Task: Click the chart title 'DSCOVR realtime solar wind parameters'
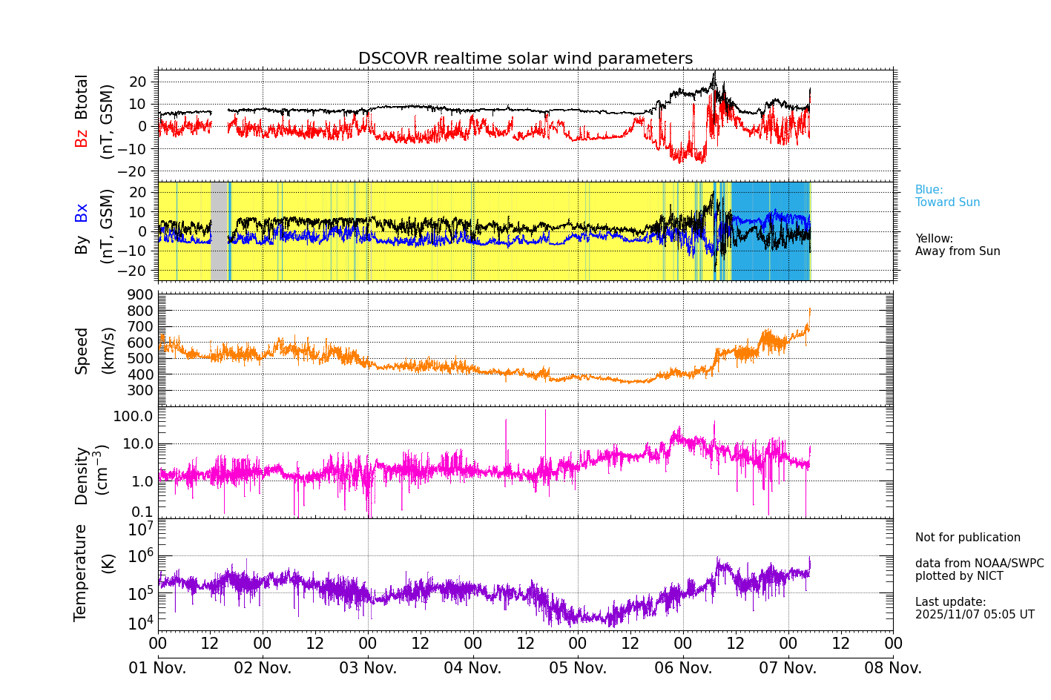click(525, 59)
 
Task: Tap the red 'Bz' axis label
click(82, 138)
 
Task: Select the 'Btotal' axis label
click(82, 96)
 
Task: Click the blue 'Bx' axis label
click(82, 212)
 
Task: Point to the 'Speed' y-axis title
click(82, 351)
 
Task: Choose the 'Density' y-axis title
click(82, 475)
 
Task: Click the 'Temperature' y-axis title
click(80, 572)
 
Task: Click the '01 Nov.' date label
click(158, 668)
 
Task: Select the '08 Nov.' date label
click(893, 668)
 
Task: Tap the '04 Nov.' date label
click(472, 668)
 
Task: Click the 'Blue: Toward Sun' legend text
click(947, 197)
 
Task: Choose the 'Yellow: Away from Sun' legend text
click(957, 245)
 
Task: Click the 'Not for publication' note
click(967, 538)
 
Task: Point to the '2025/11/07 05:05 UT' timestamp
click(974, 615)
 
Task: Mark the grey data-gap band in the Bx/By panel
click(219, 231)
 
